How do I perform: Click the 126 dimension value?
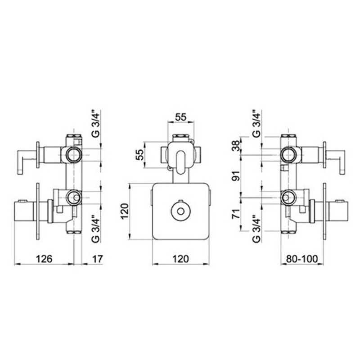point(44,259)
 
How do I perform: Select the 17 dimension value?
point(97,259)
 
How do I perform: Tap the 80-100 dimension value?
point(302,259)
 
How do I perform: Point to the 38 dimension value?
point(236,145)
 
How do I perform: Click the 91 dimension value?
point(236,175)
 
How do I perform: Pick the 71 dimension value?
point(236,213)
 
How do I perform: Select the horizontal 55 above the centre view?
point(180,117)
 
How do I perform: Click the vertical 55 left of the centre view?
point(139,154)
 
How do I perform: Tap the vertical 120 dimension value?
point(125,211)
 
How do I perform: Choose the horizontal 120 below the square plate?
point(180,259)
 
